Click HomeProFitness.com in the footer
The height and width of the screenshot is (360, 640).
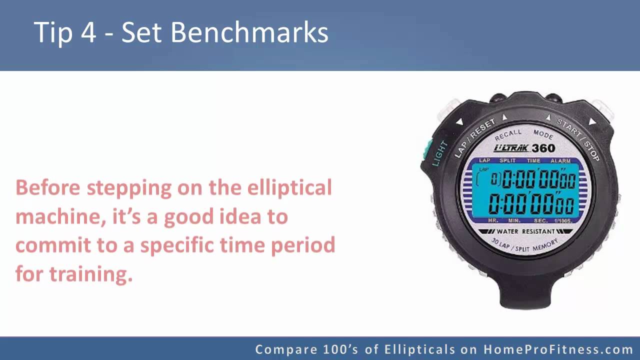(558, 349)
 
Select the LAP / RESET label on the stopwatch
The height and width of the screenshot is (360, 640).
(474, 138)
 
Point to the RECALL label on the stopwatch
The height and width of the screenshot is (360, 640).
(507, 135)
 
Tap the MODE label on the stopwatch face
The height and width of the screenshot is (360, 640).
(543, 134)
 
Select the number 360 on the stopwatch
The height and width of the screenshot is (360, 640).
(543, 148)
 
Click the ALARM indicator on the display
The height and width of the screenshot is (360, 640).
(560, 160)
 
